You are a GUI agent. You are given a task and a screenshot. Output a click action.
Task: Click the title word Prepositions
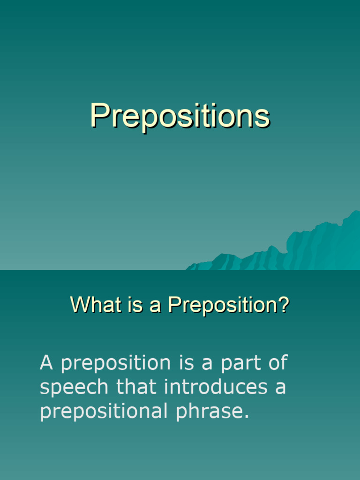tap(180, 116)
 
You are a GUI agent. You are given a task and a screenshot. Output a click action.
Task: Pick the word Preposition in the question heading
tap(220, 306)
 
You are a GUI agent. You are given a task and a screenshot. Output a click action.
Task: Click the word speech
tap(75, 388)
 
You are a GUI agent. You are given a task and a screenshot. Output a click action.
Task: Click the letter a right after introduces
tap(280, 388)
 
